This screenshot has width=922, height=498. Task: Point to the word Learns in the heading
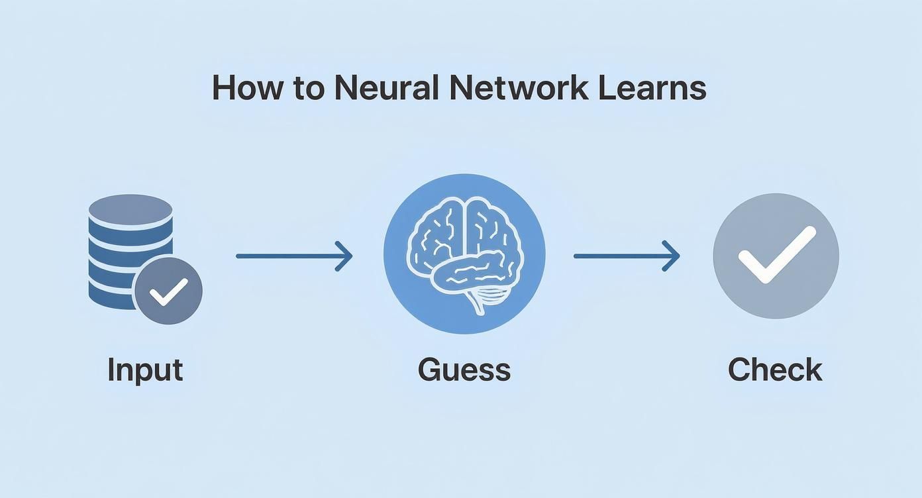[652, 88]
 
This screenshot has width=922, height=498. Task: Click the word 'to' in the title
[308, 89]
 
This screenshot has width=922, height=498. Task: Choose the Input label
[145, 370]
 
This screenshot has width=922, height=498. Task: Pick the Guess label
[464, 370]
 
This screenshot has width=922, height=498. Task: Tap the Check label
[775, 370]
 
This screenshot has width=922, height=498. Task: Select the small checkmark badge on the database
[168, 291]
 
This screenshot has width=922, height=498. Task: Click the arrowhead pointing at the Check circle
[673, 256]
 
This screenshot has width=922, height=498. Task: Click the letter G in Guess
[431, 370]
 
